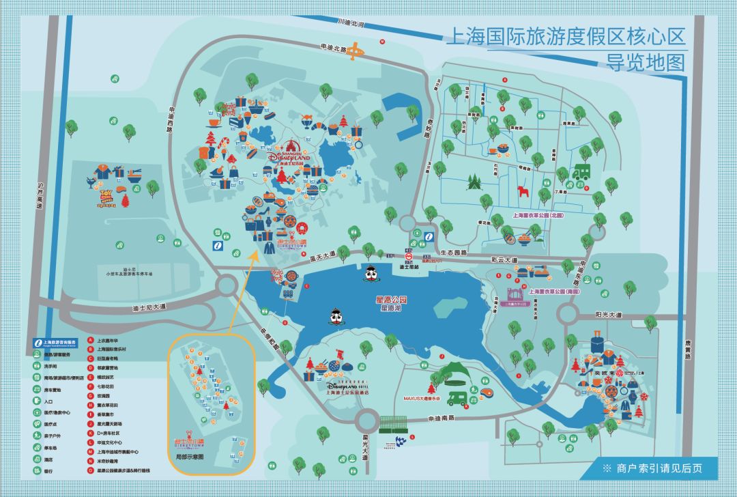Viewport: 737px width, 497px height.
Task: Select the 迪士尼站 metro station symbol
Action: (x=409, y=258)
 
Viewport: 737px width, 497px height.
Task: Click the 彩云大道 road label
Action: (x=504, y=260)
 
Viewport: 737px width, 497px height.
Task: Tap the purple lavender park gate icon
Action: (x=518, y=296)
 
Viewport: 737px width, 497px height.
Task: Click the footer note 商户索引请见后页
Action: (x=659, y=468)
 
